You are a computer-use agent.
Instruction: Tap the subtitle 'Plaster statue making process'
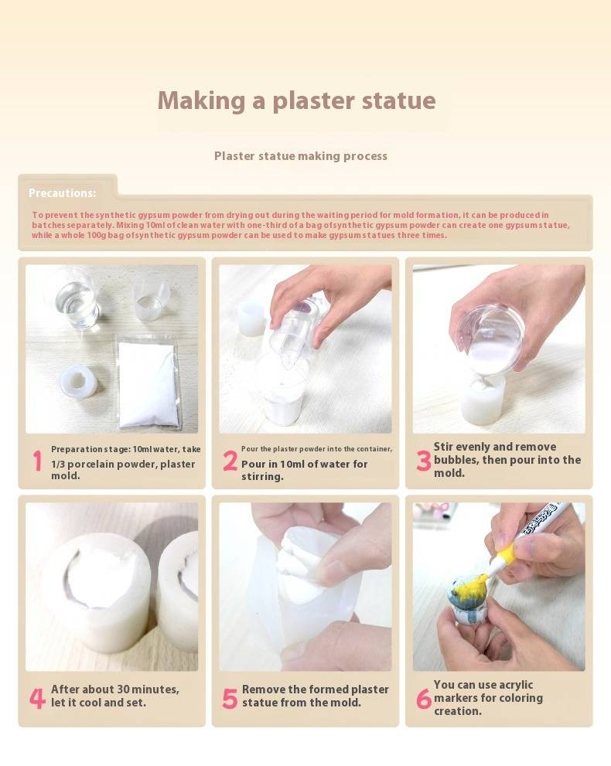pyautogui.click(x=301, y=156)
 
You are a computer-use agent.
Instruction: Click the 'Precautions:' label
pyautogui.click(x=62, y=193)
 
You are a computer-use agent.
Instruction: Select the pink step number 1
pyautogui.click(x=38, y=461)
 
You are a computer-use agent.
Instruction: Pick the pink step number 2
pyautogui.click(x=230, y=461)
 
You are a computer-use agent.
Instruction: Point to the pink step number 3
pyautogui.click(x=423, y=461)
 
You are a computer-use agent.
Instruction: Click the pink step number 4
pyautogui.click(x=37, y=698)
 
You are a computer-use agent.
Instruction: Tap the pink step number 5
pyautogui.click(x=230, y=699)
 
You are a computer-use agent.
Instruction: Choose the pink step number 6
pyautogui.click(x=423, y=699)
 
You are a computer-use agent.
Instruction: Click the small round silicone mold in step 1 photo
pyautogui.click(x=78, y=382)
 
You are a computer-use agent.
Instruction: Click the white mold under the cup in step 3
pyautogui.click(x=482, y=397)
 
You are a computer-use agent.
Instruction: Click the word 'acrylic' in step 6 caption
pyautogui.click(x=510, y=685)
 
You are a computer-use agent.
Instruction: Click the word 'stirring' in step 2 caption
pyautogui.click(x=262, y=477)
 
